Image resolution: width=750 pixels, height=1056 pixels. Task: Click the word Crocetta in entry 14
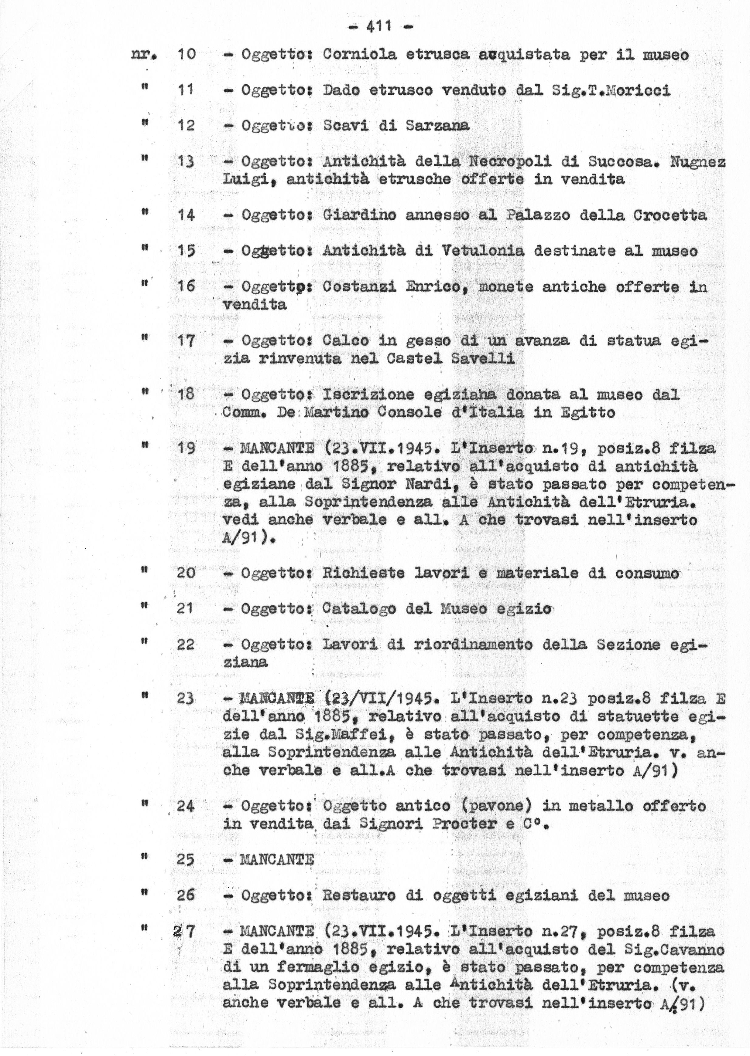(x=670, y=215)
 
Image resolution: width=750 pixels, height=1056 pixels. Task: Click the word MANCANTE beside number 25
(x=277, y=860)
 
